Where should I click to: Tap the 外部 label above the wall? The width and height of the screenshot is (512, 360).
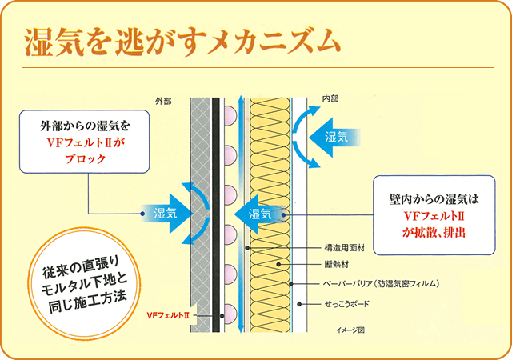coord(165,102)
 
